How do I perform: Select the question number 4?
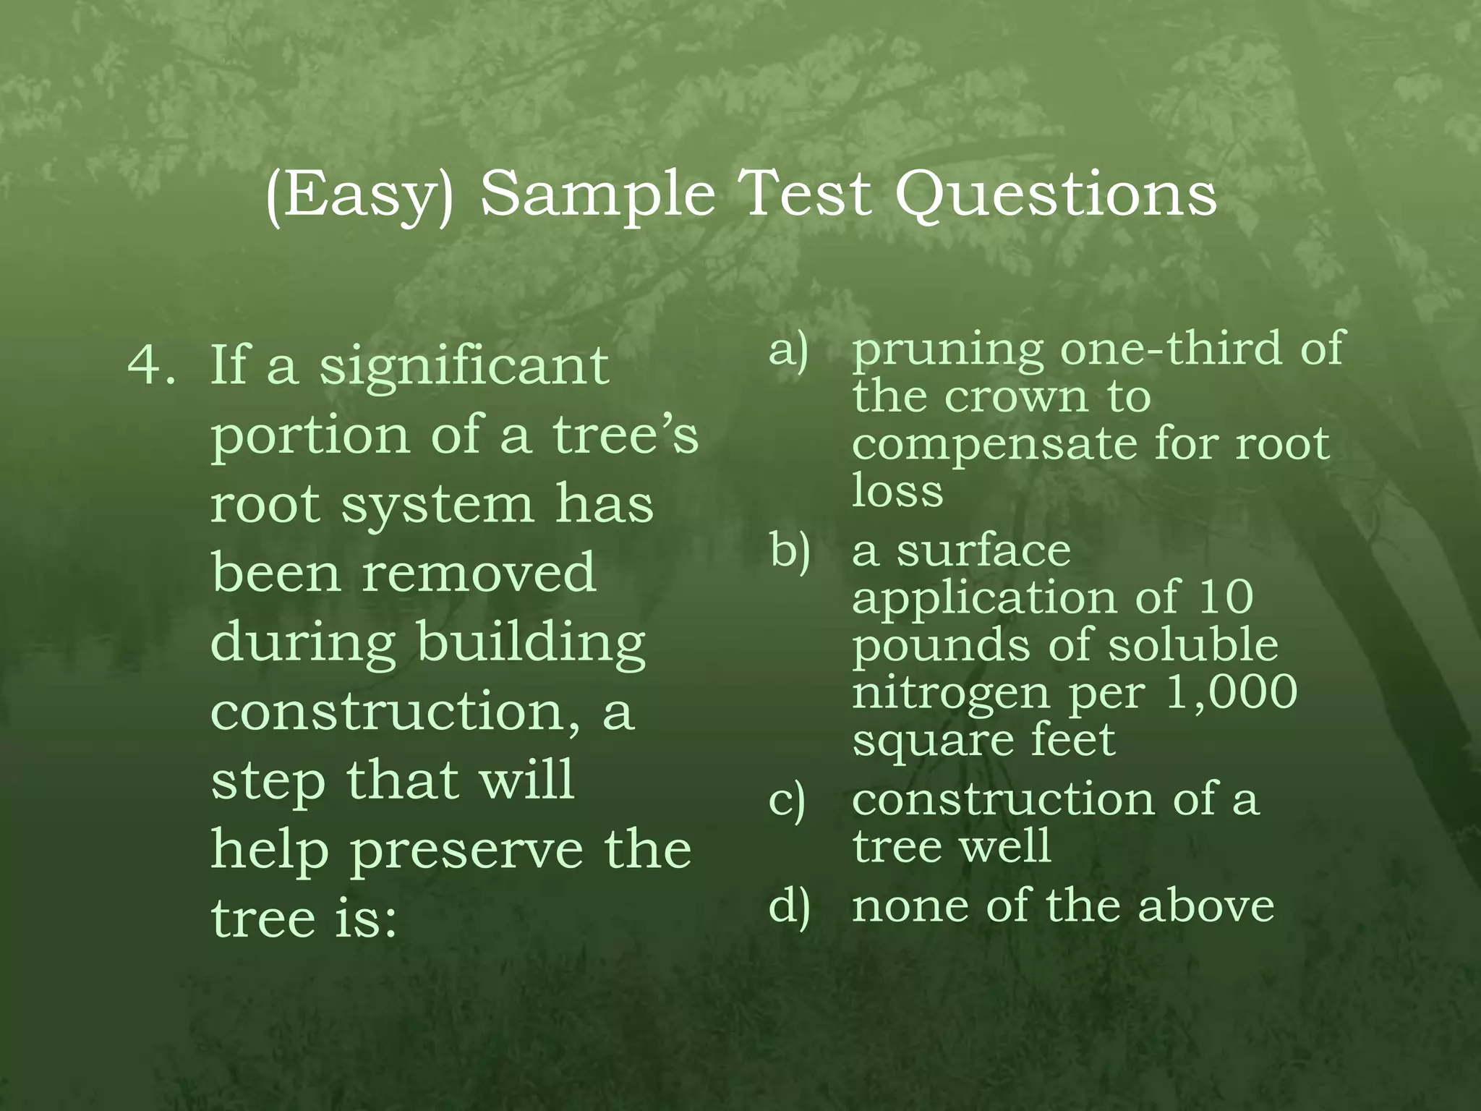pos(151,365)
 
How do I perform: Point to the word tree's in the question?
pos(626,435)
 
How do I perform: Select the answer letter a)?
pos(788,350)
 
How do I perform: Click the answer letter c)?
pos(788,801)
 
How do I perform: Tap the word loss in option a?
pos(897,491)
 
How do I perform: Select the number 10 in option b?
pos(1225,597)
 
